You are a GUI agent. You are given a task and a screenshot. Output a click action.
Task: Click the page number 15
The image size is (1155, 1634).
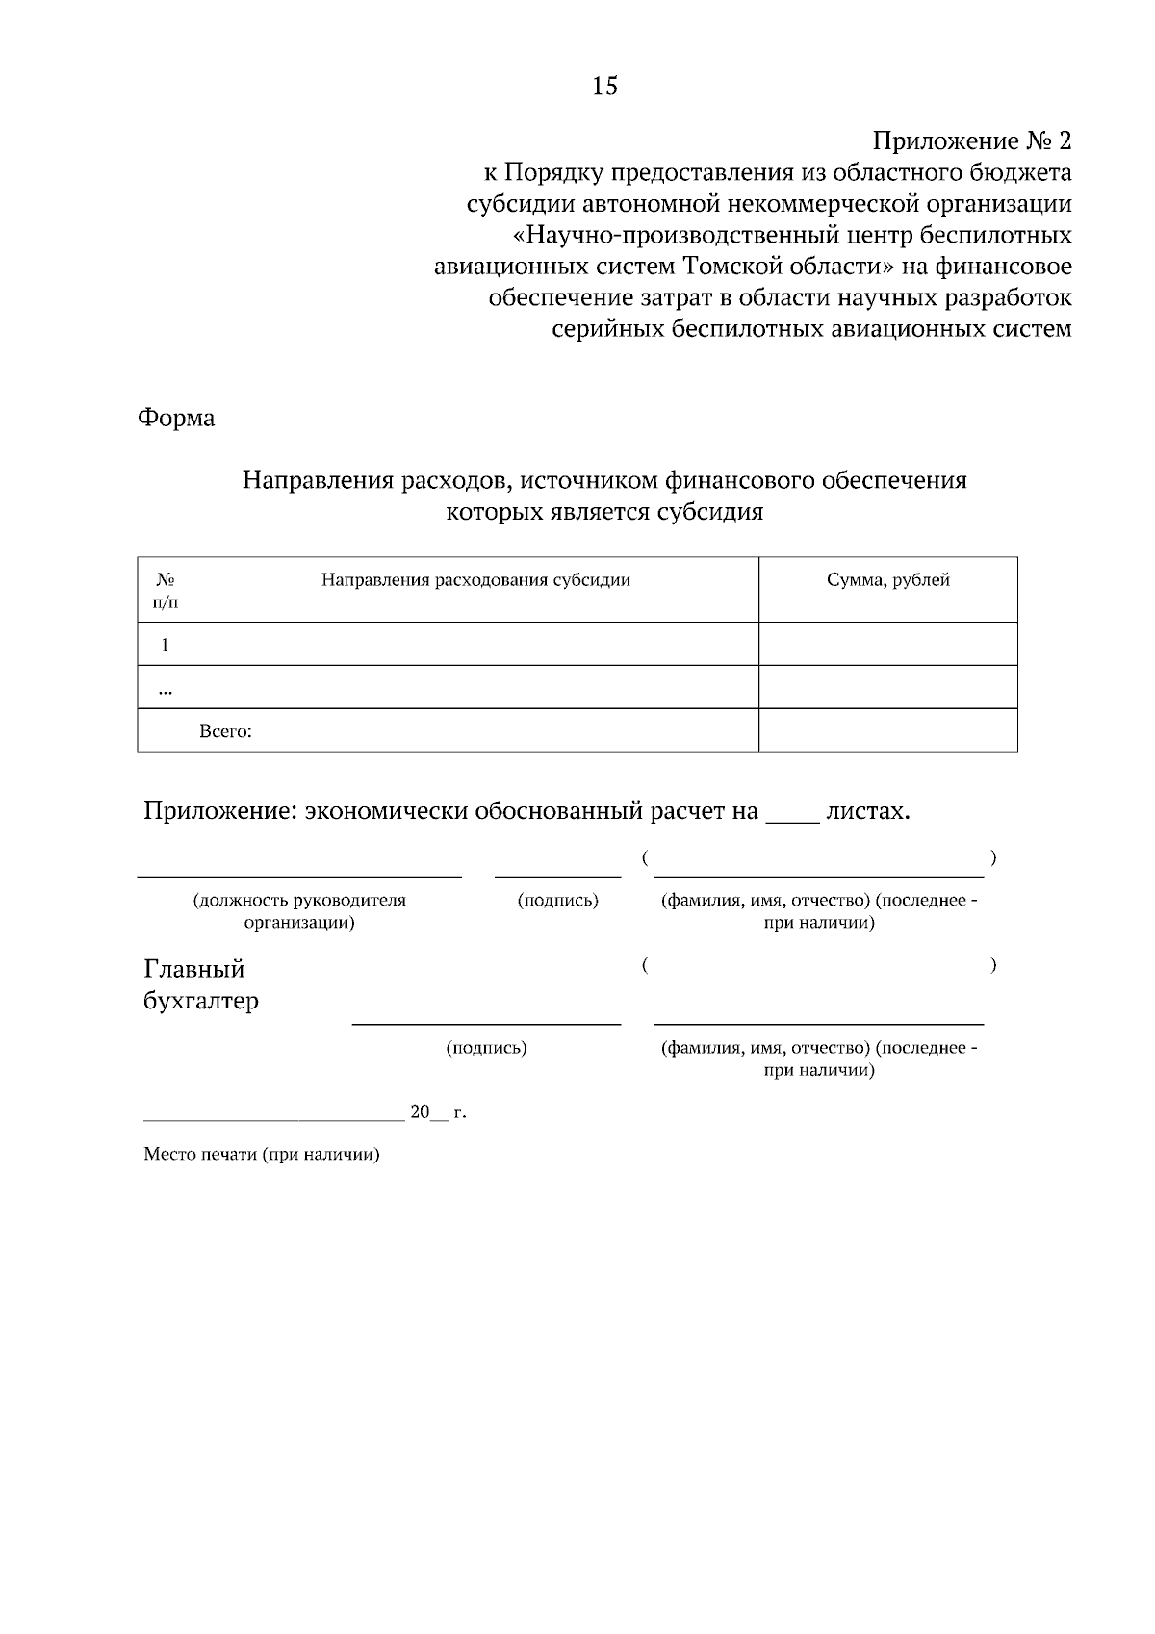coord(604,87)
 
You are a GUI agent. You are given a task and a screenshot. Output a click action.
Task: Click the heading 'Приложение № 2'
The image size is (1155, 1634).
coord(971,141)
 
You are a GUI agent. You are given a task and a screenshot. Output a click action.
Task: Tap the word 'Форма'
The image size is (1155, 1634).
coord(176,418)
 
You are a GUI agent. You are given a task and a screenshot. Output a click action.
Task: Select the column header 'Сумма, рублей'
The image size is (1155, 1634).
coord(887,580)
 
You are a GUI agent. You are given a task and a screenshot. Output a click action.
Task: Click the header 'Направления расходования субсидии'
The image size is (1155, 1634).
coord(475,580)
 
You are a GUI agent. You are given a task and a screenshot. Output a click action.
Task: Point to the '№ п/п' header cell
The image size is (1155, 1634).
coord(165,591)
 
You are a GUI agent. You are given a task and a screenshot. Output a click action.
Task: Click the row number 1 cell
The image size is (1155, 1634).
coord(165,645)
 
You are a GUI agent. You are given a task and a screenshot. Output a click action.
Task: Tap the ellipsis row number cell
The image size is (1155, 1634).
coord(165,688)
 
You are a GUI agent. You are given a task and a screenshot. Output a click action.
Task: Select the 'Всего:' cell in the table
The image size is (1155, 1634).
coord(225,731)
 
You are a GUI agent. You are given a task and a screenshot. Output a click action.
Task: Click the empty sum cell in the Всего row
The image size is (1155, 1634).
coord(887,731)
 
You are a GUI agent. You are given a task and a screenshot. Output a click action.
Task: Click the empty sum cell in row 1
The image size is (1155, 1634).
coord(887,645)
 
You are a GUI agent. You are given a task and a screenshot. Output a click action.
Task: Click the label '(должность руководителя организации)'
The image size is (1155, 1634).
coord(299,911)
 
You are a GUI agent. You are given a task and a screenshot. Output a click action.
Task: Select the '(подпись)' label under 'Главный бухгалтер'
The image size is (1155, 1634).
coord(486,1048)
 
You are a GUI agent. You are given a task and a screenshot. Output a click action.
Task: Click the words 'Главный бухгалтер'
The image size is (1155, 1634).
coord(200,984)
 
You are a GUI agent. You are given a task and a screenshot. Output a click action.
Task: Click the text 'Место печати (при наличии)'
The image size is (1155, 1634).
coord(262,1155)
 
